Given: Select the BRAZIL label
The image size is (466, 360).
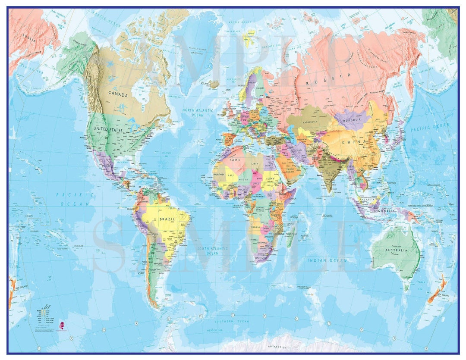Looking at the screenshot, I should (x=167, y=219).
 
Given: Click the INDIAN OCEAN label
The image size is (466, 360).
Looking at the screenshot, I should (x=327, y=260).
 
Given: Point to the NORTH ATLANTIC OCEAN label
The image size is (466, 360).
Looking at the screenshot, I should (x=198, y=113).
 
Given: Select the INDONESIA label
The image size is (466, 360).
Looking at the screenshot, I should (x=383, y=211).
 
